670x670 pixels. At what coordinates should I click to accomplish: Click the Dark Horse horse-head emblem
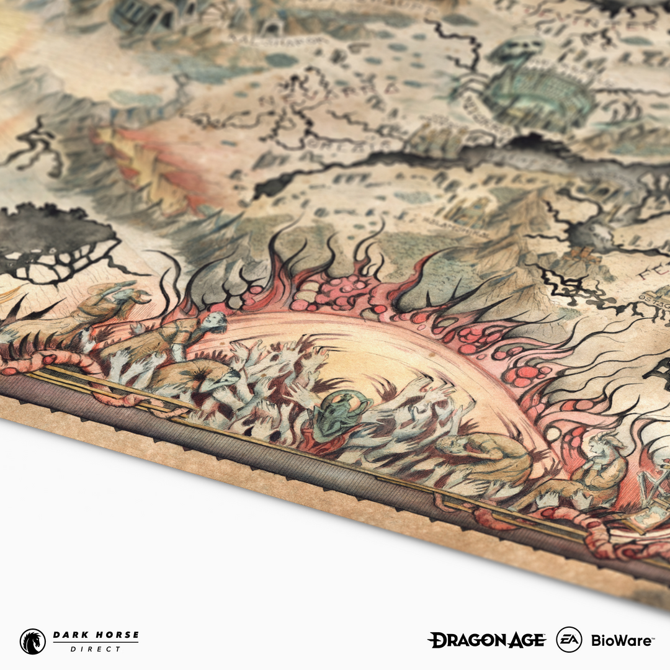pyautogui.click(x=33, y=641)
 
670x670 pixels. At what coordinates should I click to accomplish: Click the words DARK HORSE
pyautogui.click(x=96, y=635)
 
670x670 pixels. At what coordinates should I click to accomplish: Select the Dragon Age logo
pyautogui.click(x=486, y=640)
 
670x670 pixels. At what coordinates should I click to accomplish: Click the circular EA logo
pyautogui.click(x=569, y=640)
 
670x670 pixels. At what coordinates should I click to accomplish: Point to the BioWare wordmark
pyautogui.click(x=621, y=640)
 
